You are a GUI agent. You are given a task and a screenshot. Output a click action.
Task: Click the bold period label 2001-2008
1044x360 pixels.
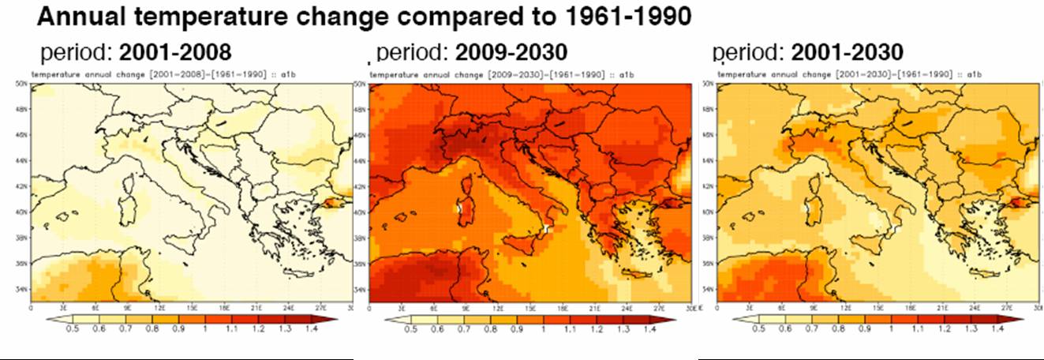point(175,54)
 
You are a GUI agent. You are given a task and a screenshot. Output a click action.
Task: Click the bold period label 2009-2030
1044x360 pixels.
point(511,53)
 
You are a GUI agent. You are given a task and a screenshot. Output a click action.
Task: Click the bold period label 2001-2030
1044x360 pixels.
point(847,53)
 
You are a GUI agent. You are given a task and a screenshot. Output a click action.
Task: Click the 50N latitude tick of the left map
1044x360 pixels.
point(23,83)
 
